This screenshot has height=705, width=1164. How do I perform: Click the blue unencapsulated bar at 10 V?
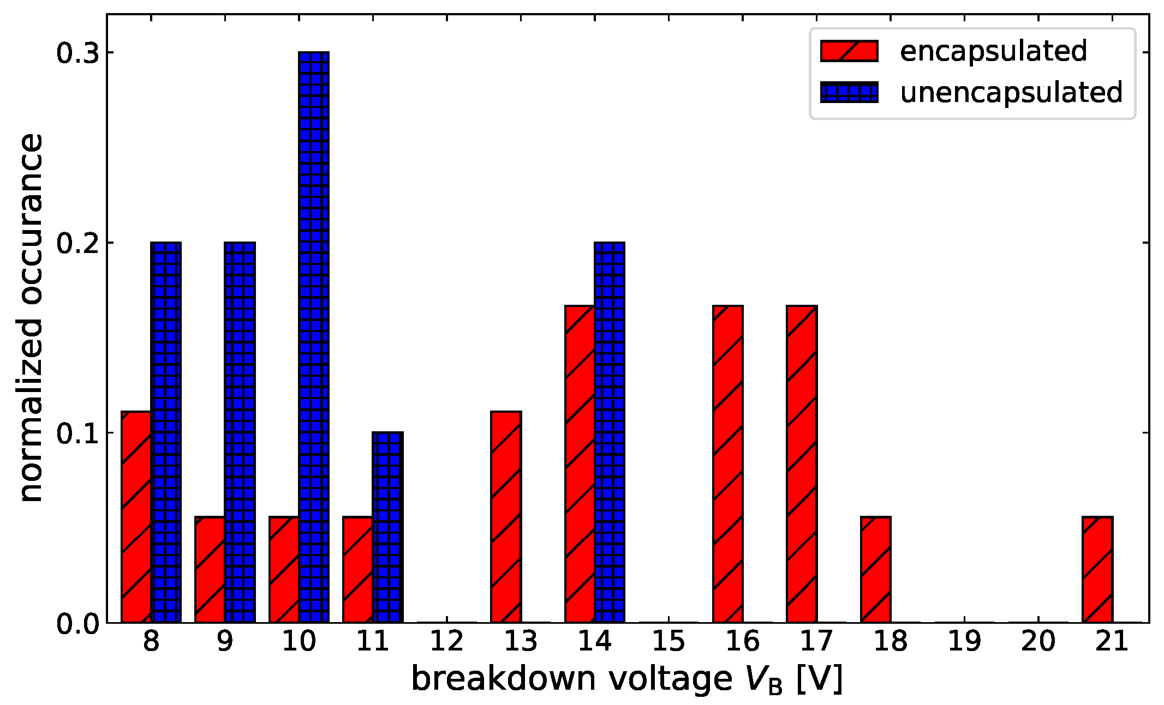click(314, 338)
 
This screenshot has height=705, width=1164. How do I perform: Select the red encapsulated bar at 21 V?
click(1097, 570)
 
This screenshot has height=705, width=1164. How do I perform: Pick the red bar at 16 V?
click(728, 464)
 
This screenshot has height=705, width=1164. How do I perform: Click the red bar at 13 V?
click(506, 517)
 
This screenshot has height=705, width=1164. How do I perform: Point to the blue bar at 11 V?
click(387, 527)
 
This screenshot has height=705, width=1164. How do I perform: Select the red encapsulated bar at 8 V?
click(136, 517)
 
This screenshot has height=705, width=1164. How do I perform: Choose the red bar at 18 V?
click(876, 570)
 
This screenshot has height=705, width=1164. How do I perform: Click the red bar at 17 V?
click(802, 464)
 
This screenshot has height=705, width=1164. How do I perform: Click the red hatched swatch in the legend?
click(849, 51)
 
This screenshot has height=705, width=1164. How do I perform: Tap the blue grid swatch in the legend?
click(849, 93)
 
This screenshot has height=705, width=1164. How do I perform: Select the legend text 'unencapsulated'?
click(1011, 93)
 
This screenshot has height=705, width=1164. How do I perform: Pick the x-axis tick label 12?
click(446, 641)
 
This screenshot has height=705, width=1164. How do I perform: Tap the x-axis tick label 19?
click(964, 641)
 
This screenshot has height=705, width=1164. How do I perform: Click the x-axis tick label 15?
click(668, 641)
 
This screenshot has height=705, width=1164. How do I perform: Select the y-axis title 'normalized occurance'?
click(32, 317)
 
